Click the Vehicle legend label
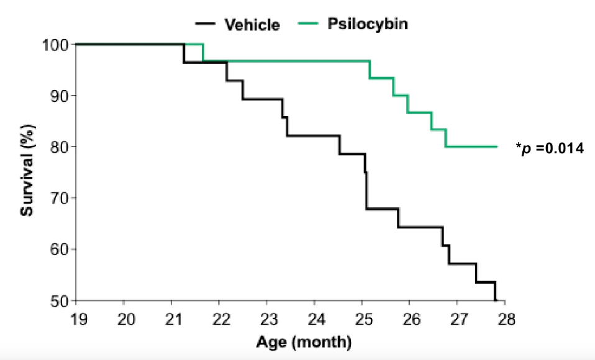(252, 25)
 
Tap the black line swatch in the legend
(206, 25)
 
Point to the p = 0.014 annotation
(550, 148)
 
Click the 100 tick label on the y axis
(55, 45)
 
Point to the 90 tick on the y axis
(58, 96)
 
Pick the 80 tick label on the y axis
(58, 147)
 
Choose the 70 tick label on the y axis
(58, 198)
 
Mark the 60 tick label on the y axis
(58, 250)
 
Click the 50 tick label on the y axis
(58, 301)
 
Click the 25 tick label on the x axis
(362, 319)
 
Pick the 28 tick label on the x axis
(505, 319)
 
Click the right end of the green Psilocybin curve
(497, 146)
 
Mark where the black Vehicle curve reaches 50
(496, 300)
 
